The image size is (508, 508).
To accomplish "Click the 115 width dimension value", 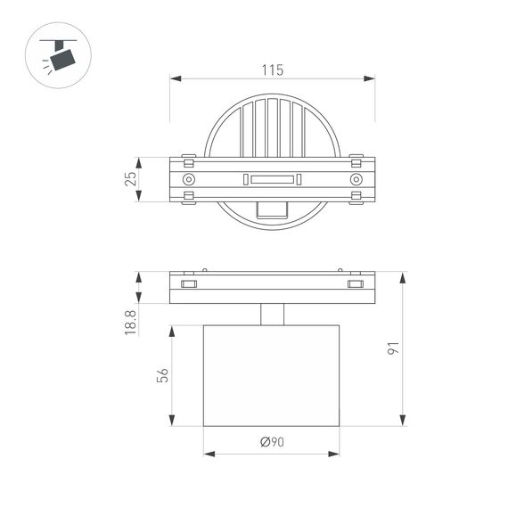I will coord(272,68).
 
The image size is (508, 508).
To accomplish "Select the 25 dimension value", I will coord(131,179).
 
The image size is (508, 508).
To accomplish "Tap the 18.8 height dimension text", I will coord(131,321).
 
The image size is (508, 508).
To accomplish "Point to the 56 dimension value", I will coord(160,376).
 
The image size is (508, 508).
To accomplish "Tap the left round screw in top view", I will coord(188,180).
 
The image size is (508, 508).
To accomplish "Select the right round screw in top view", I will coord(356,180).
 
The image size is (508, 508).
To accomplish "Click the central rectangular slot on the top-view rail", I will coord(272,180).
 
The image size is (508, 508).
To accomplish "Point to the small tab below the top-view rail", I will coord(272,209).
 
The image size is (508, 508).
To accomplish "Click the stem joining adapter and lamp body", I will coord(272,315).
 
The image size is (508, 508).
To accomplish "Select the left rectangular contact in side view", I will coord(188,284).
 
